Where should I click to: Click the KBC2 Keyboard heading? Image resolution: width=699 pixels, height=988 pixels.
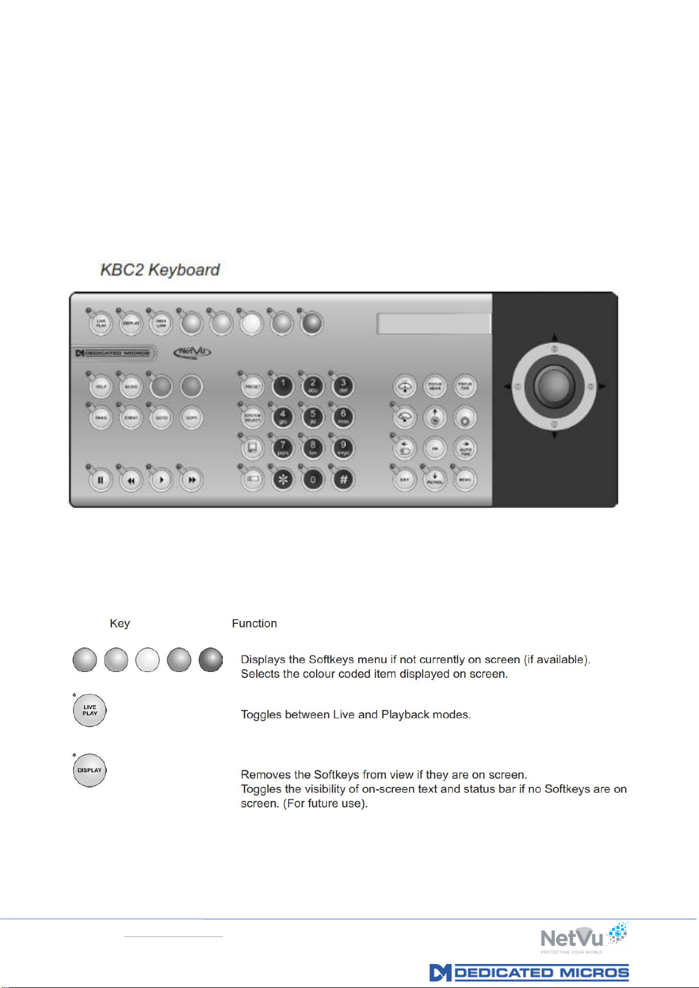tap(160, 270)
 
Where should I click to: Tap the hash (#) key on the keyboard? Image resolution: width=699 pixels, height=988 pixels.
tap(344, 480)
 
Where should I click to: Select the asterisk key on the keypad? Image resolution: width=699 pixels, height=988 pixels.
tap(283, 480)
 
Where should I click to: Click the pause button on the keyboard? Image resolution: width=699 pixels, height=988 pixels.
tap(101, 480)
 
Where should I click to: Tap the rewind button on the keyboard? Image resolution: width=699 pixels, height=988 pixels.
tap(131, 480)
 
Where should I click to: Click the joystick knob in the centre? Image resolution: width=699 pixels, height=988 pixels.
tap(554, 386)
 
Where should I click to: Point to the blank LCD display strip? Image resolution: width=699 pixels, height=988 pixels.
tap(433, 324)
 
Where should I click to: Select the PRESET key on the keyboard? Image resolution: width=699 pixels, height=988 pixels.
tap(253, 387)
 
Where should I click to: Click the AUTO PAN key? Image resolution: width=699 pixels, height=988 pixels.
tap(465, 449)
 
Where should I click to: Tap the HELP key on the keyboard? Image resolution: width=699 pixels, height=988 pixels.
tap(101, 387)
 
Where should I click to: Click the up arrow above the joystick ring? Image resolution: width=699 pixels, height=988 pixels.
tap(554, 338)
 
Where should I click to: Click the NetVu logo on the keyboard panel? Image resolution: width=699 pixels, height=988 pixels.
tap(192, 352)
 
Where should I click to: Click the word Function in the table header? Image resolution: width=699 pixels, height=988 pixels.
tap(254, 623)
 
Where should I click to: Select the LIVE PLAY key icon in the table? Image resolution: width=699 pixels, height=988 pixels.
tap(90, 711)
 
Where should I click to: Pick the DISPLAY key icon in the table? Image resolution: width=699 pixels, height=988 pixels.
tap(90, 770)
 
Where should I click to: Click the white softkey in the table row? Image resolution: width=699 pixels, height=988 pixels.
tap(147, 660)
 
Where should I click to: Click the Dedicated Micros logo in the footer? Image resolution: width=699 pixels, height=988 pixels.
tap(529, 973)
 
